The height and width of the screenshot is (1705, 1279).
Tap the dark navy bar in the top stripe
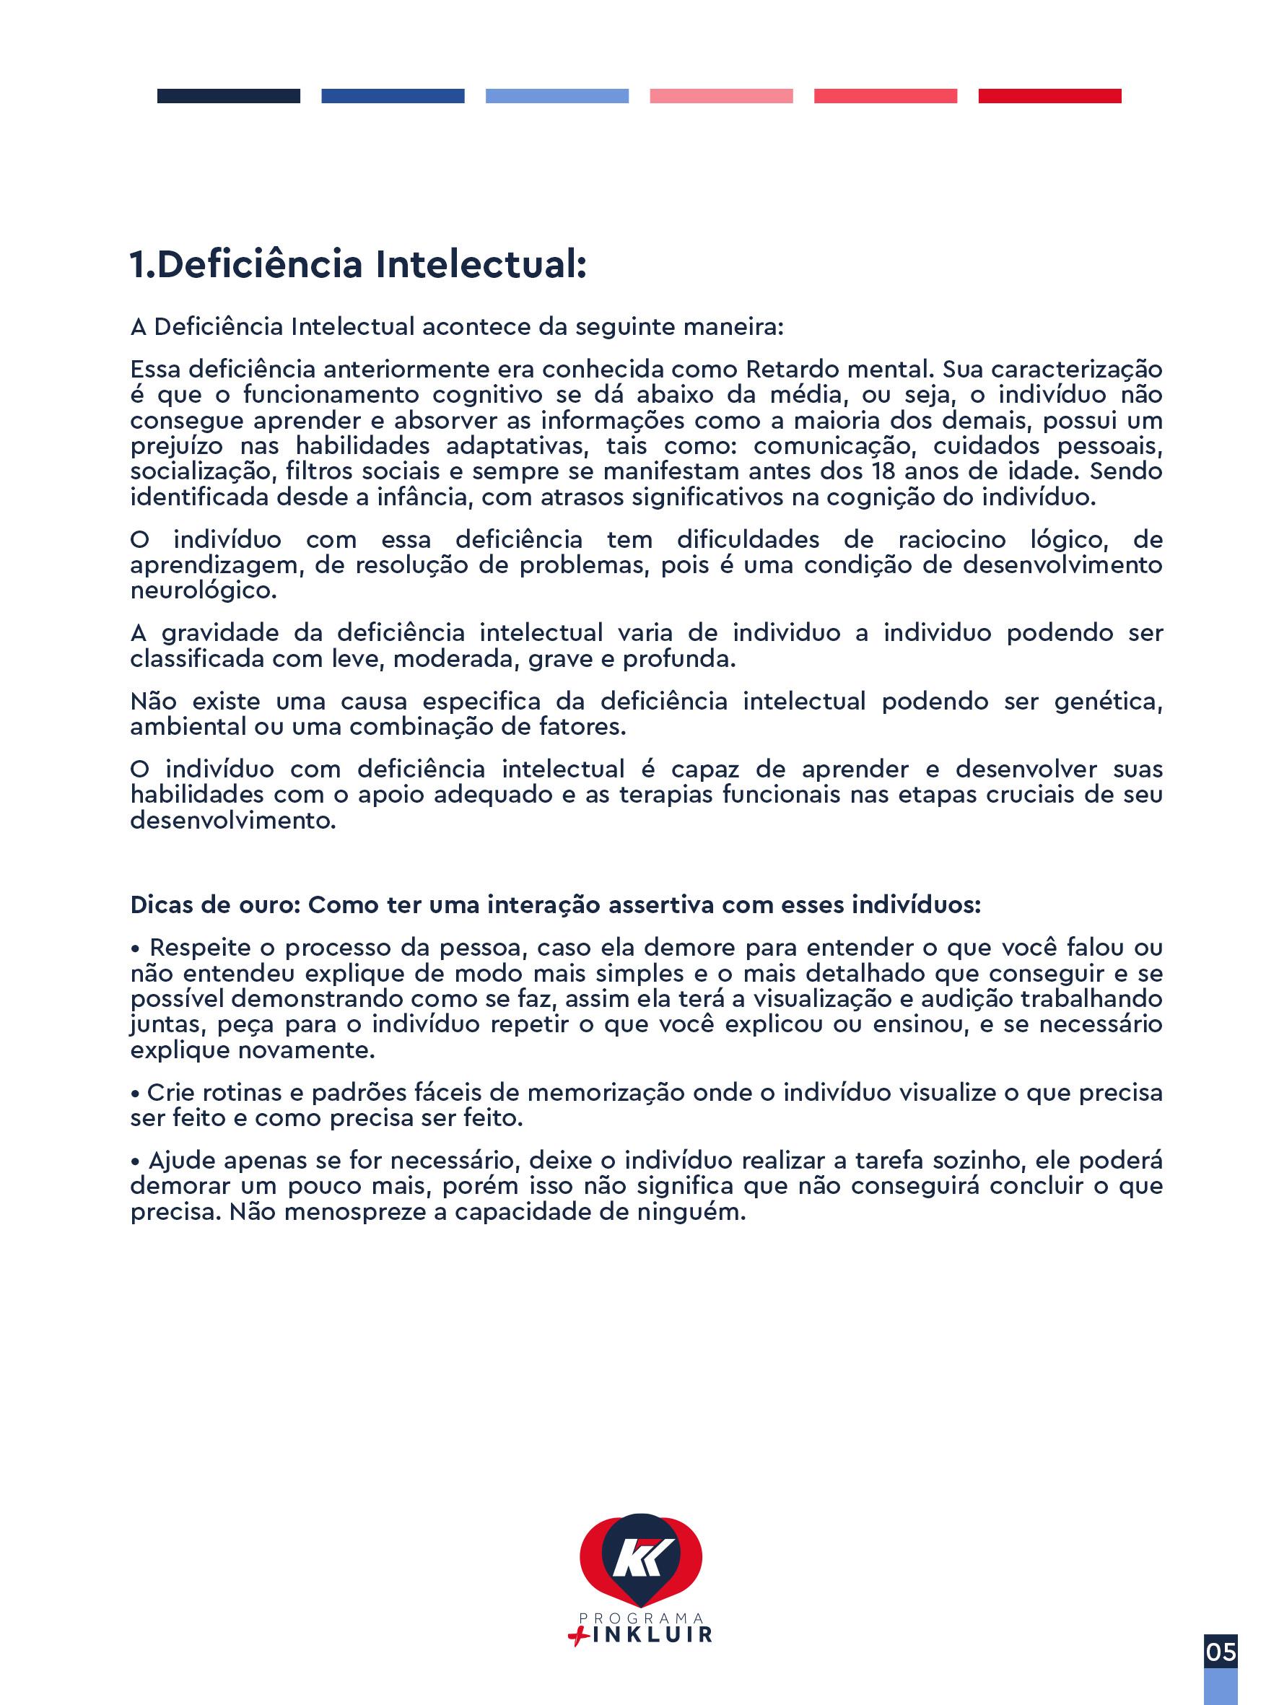pos(228,95)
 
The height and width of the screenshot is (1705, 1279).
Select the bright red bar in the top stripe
pos(1049,95)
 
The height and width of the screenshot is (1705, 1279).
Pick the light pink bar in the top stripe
pos(721,95)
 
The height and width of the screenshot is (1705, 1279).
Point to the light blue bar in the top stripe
pos(556,95)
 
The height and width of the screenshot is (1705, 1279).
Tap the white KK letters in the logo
pos(643,1556)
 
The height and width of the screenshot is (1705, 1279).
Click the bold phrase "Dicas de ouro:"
pos(215,904)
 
